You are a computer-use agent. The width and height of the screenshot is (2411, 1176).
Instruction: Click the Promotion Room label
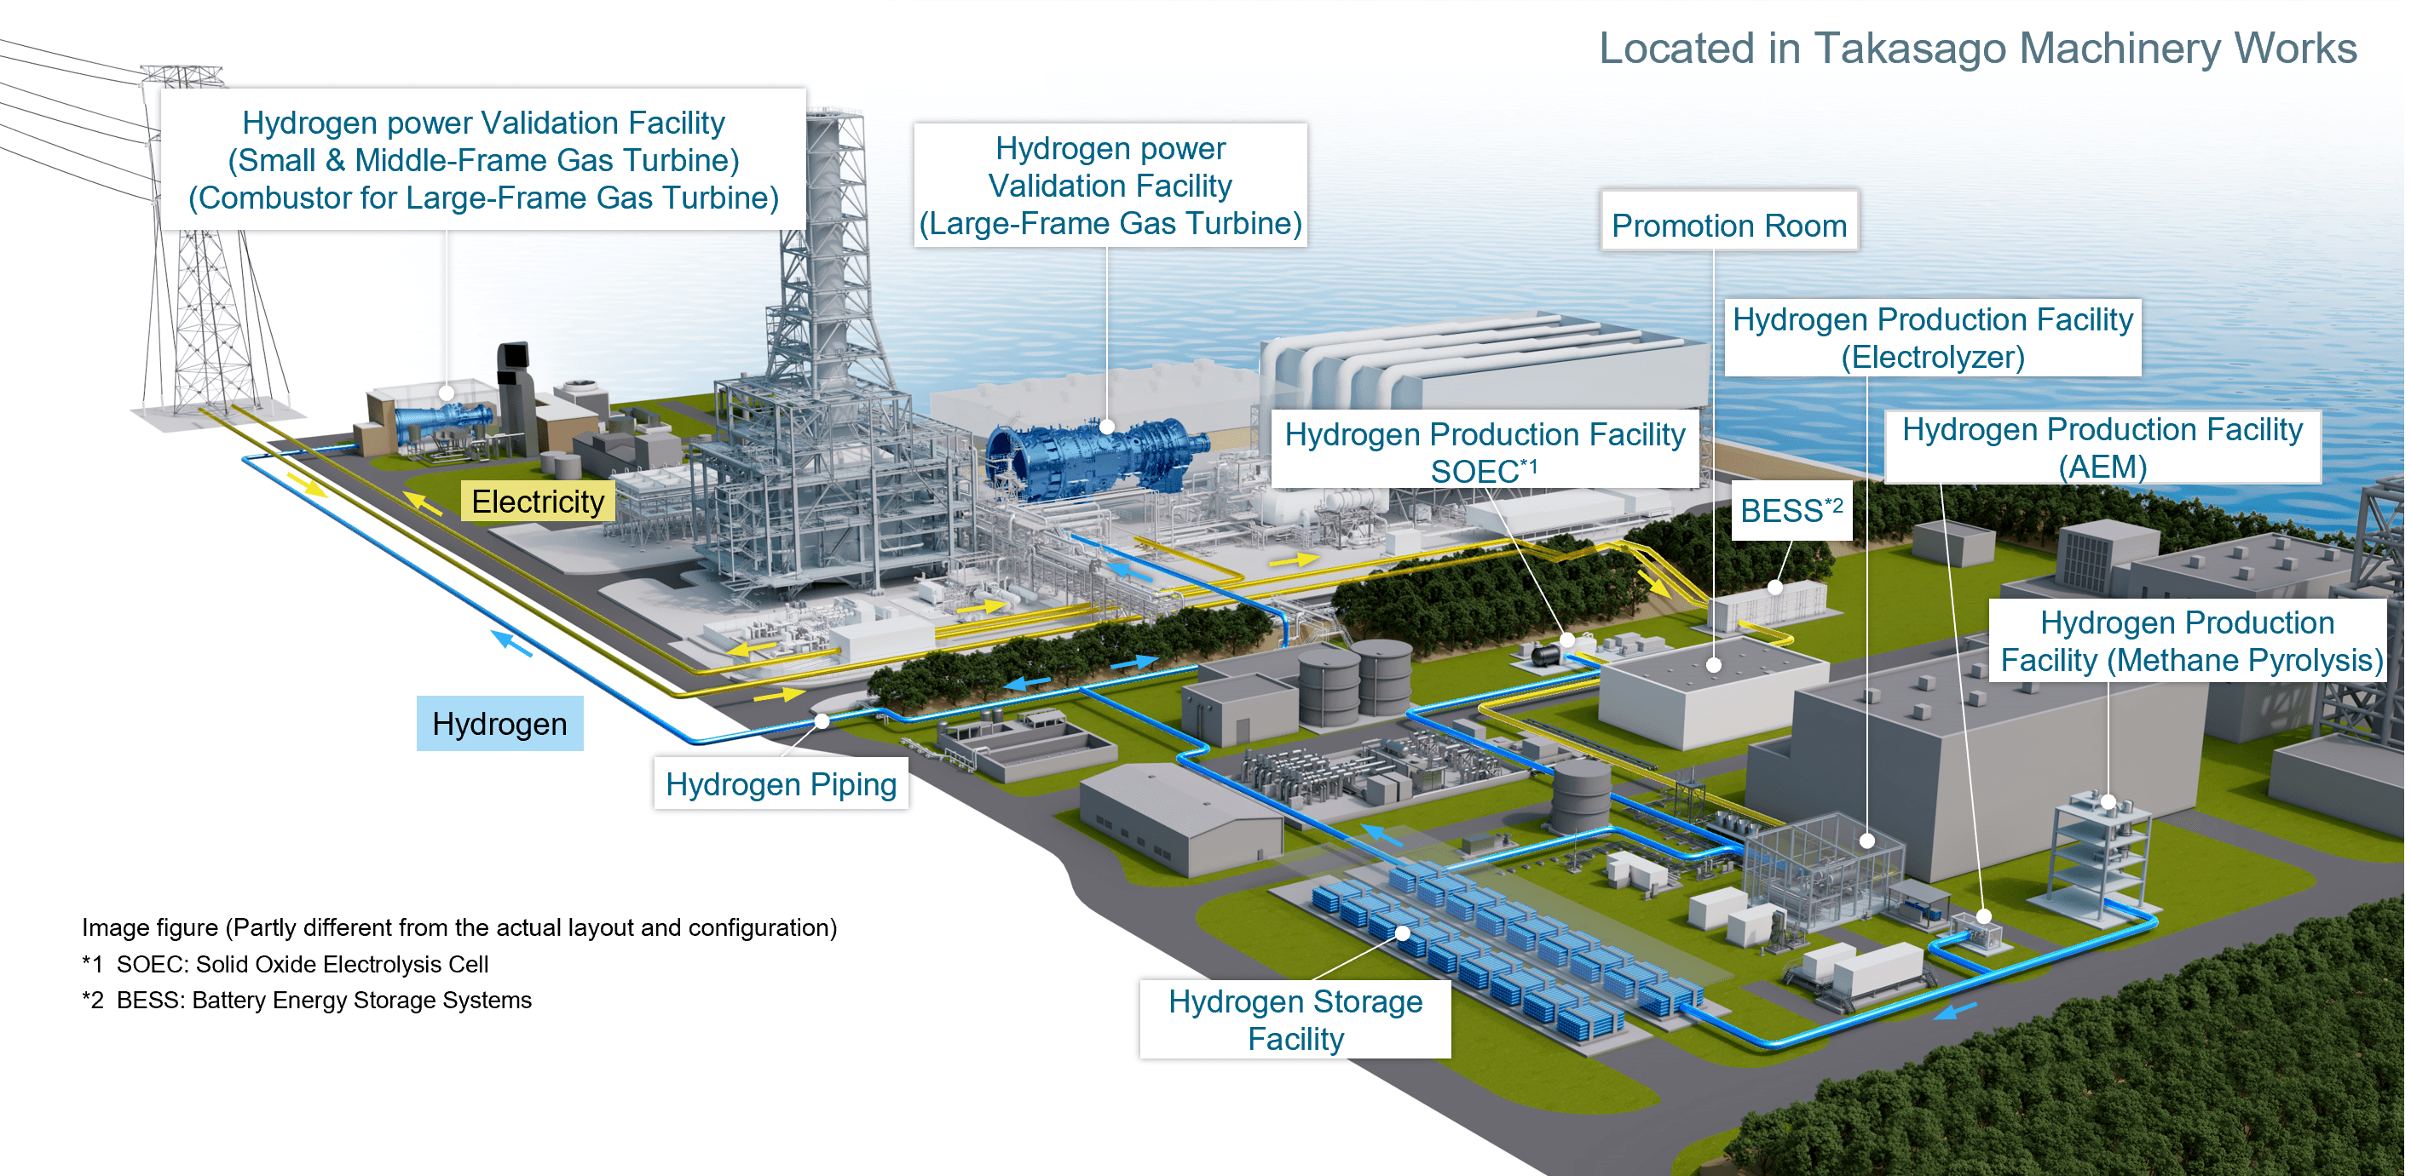coord(1728,225)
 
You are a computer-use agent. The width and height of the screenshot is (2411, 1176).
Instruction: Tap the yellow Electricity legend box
coord(537,502)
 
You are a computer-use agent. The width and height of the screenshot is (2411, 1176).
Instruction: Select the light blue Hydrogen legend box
coord(499,723)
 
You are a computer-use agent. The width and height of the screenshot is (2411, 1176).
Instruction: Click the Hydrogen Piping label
coord(781,784)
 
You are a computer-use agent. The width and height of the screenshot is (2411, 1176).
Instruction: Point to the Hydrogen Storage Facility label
coord(1295,1020)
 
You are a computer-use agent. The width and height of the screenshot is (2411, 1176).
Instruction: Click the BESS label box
coord(1791,511)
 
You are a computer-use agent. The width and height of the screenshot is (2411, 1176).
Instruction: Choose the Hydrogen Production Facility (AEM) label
coord(2102,447)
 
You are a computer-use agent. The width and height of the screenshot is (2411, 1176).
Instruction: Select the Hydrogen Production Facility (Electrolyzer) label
coord(1932,338)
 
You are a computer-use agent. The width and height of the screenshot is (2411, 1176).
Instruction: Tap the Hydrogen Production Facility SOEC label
coord(1485,452)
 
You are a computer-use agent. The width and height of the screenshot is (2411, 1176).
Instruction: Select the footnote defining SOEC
coord(286,964)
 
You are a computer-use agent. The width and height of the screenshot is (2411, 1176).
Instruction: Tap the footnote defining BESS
coord(307,1000)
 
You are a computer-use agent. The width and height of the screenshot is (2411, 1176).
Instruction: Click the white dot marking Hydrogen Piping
coord(822,721)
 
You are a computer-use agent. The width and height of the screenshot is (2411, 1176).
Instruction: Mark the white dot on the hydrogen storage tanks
coord(1402,932)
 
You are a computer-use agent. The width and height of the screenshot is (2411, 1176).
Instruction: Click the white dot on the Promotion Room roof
coord(1714,665)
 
